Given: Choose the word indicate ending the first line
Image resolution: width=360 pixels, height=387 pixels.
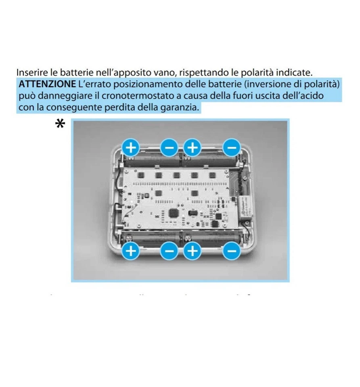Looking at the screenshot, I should pyautogui.click(x=295, y=73).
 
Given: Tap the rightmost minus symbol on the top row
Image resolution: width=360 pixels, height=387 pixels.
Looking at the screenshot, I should pyautogui.click(x=232, y=148).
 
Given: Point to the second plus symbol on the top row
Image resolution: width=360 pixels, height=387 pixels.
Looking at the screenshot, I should pyautogui.click(x=193, y=148).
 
